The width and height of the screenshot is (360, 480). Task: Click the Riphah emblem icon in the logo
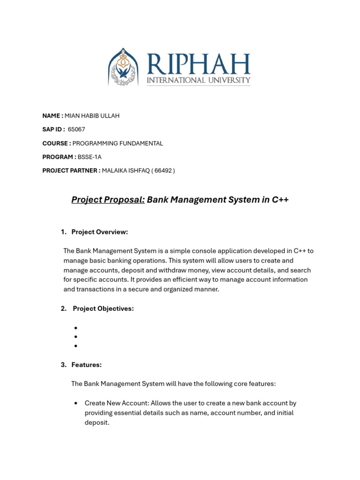point(124,67)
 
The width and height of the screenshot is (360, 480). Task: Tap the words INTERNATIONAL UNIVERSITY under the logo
point(199,81)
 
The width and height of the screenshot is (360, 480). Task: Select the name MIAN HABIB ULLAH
point(92,116)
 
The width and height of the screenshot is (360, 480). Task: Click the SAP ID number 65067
point(76,129)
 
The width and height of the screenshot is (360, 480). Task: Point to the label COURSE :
point(57,143)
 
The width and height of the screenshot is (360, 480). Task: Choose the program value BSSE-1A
point(90,157)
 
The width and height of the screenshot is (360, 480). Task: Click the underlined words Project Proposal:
point(108,200)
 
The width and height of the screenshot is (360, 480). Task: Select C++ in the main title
point(280,200)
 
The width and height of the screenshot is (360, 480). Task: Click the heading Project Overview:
point(99,232)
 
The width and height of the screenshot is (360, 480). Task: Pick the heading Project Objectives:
point(103,308)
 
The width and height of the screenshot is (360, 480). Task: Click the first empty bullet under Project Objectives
point(75,328)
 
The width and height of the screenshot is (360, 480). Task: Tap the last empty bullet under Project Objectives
point(75,346)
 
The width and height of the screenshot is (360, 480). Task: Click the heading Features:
point(86,365)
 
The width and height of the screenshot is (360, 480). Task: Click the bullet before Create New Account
point(75,403)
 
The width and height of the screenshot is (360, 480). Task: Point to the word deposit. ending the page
point(97,422)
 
